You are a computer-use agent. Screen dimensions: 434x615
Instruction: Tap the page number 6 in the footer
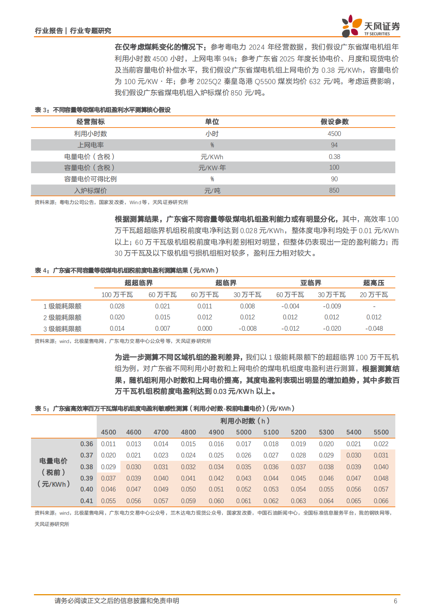(x=395, y=601)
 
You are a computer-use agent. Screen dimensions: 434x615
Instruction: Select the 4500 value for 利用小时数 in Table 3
(x=334, y=134)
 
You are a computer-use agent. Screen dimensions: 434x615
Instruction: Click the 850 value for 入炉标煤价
(x=334, y=190)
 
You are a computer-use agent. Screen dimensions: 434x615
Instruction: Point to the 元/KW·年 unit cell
(x=212, y=168)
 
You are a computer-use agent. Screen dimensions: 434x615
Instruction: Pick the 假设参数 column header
(x=334, y=122)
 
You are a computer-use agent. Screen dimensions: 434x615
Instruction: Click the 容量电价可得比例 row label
(x=90, y=179)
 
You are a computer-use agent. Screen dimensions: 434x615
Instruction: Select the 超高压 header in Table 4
(x=373, y=283)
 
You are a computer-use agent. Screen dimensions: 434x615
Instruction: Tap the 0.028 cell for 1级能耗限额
(x=117, y=306)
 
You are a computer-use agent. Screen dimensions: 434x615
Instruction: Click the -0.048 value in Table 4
(x=374, y=329)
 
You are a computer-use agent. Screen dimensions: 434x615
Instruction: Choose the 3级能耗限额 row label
(x=62, y=329)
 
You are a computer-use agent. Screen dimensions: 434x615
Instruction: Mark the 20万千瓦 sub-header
(x=374, y=295)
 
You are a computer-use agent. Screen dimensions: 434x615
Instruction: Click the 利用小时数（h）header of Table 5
(x=245, y=421)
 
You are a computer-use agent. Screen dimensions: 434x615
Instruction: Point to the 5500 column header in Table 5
(x=381, y=432)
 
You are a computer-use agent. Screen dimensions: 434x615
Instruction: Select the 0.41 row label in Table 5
(x=87, y=501)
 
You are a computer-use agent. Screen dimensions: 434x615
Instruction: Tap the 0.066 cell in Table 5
(x=381, y=501)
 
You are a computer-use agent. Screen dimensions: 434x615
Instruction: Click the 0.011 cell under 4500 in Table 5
(x=108, y=444)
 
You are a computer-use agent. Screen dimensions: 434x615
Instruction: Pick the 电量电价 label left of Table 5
(x=53, y=461)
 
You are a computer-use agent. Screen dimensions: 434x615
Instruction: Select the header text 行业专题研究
(x=91, y=31)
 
